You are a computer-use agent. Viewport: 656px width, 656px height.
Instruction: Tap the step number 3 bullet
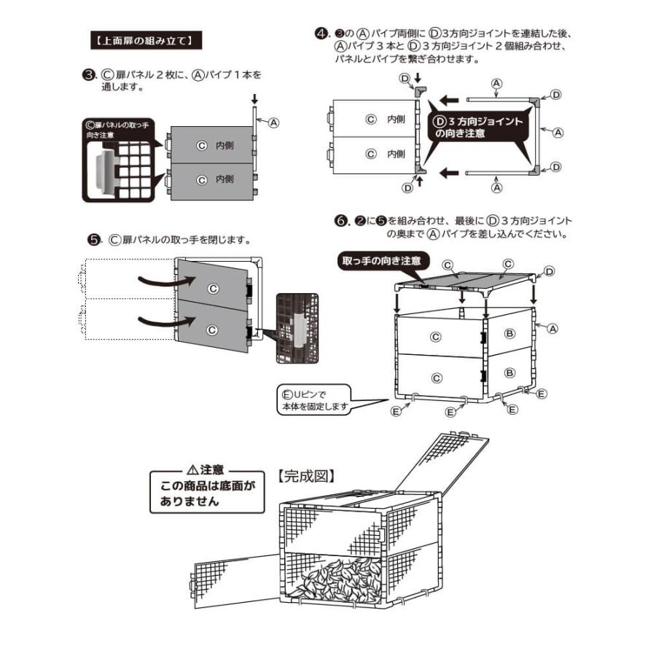88,74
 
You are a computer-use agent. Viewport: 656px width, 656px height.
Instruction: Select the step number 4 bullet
320,34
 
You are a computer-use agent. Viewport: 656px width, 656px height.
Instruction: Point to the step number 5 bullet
93,239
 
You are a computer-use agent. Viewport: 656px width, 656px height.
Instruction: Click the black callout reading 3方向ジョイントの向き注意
478,128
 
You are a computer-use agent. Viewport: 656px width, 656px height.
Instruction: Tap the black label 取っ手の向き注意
383,259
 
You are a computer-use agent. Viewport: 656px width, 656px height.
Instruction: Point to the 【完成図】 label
306,475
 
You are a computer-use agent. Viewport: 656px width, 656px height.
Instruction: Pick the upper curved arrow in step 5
156,280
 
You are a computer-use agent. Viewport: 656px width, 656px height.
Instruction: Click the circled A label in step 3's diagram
274,122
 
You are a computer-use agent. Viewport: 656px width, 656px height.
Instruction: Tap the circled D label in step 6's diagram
549,271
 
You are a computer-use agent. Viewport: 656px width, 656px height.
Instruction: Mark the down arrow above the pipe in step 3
254,98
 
